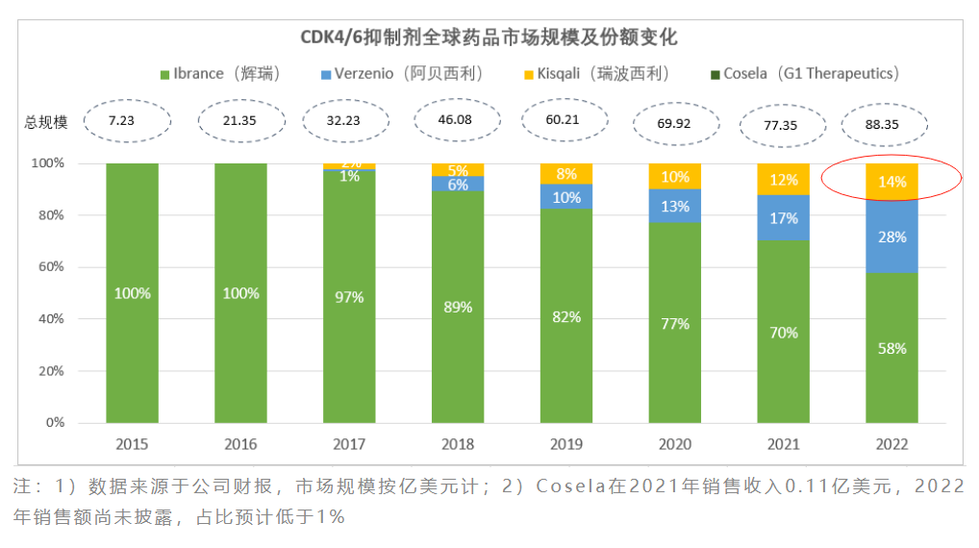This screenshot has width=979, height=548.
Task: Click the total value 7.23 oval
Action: coord(127,120)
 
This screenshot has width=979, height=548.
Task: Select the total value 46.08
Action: coord(458,120)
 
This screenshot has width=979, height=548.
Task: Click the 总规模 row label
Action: coord(45,122)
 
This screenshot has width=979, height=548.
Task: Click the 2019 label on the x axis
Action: coord(565,445)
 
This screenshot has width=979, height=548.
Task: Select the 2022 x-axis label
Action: coord(891,445)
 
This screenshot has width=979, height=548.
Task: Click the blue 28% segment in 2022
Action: coord(891,237)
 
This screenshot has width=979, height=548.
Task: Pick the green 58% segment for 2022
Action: coord(891,348)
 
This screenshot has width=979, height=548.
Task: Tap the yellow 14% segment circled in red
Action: coord(891,182)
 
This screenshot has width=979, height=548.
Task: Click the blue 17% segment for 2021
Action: coord(783,217)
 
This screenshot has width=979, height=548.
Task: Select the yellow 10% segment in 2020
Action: coord(674,177)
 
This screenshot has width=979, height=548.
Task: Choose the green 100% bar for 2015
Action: coord(132,293)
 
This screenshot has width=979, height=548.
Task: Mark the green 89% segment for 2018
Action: coord(458,308)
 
